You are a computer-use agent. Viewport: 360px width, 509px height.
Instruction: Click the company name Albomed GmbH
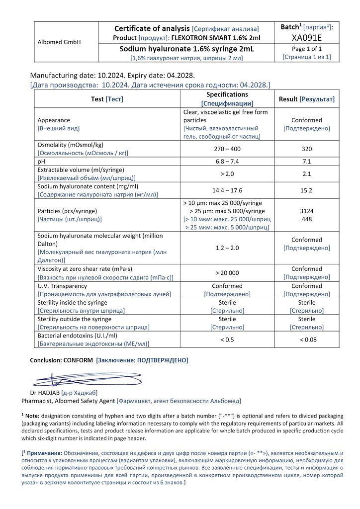pyautogui.click(x=59, y=42)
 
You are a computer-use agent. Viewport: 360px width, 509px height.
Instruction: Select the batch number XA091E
pyautogui.click(x=307, y=37)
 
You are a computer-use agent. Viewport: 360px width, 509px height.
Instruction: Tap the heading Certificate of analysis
pyautogui.click(x=152, y=28)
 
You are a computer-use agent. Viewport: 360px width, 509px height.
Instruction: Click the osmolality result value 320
pyautogui.click(x=307, y=149)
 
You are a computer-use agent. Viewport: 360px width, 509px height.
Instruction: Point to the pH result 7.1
pyautogui.click(x=307, y=162)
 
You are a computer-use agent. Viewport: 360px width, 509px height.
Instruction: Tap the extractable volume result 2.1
pyautogui.click(x=307, y=173)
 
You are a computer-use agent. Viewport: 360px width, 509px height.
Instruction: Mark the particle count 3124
pyautogui.click(x=307, y=211)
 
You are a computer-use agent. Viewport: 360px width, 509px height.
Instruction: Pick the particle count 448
pyautogui.click(x=307, y=219)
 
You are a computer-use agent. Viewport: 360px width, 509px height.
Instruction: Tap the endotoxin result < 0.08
pyautogui.click(x=307, y=339)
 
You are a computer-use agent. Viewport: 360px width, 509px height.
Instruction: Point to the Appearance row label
pyautogui.click(x=54, y=120)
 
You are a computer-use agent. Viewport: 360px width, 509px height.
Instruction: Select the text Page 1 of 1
pyautogui.click(x=307, y=49)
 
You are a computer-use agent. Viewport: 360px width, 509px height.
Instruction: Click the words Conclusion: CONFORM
pyautogui.click(x=61, y=360)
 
